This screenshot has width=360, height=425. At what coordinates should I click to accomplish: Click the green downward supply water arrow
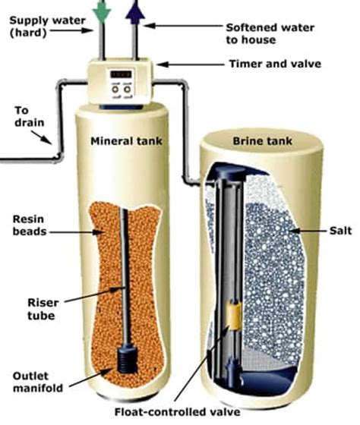pos(101,10)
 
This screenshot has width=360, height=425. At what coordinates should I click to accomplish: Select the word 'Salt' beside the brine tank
pos(330,228)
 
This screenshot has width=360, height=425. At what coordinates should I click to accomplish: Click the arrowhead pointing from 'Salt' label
pos(291,228)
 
